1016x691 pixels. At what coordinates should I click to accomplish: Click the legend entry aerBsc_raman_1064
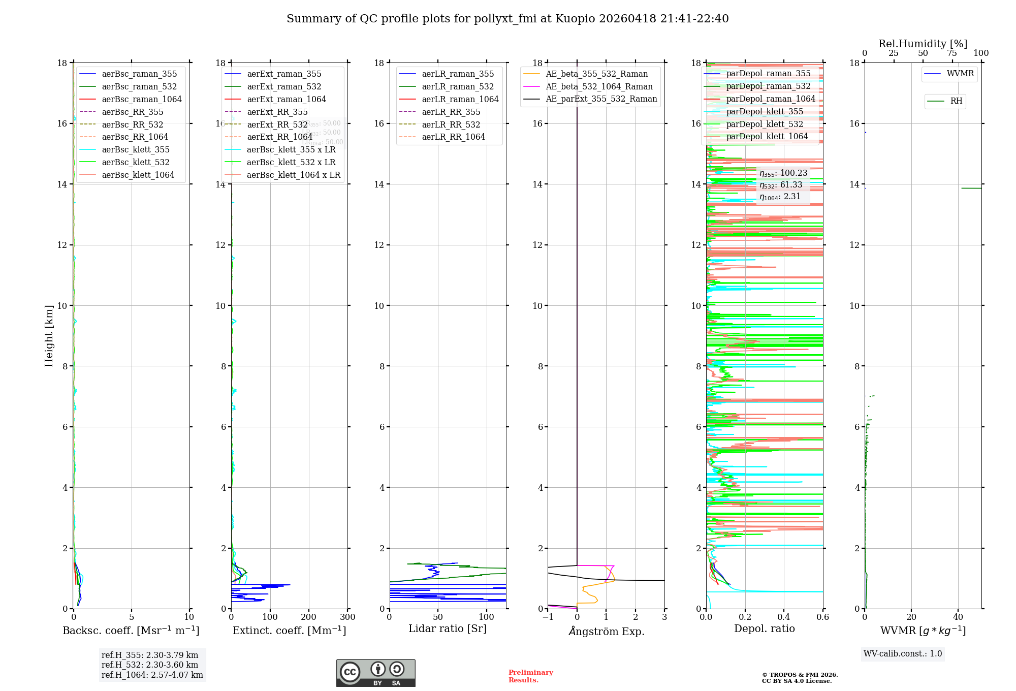141,99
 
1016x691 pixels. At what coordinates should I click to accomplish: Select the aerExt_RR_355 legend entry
277,112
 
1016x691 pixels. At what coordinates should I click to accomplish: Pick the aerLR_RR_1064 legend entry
453,137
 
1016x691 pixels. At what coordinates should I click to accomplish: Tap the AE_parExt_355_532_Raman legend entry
601,99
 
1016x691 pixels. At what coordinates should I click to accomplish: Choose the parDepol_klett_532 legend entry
765,124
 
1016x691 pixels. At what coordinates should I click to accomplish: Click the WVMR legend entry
960,74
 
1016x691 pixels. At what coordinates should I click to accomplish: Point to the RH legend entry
956,101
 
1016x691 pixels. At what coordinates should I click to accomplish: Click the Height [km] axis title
49,335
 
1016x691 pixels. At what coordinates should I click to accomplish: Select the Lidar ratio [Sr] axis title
448,629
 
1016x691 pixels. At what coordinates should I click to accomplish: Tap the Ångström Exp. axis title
606,631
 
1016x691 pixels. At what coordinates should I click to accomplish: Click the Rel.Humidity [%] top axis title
923,44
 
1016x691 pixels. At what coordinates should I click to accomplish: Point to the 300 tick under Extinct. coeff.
348,617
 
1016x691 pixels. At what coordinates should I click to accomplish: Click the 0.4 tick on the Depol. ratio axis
784,617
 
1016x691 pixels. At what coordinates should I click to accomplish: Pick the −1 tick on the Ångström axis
548,617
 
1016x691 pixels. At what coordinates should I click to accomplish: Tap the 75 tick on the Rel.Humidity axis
952,53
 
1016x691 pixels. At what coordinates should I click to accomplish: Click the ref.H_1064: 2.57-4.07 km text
152,675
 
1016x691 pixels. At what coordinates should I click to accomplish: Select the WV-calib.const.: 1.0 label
903,653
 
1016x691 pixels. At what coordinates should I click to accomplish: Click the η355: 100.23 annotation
783,173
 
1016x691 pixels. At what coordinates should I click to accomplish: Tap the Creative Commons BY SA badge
375,673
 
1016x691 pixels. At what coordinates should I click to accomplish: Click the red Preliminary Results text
530,676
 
